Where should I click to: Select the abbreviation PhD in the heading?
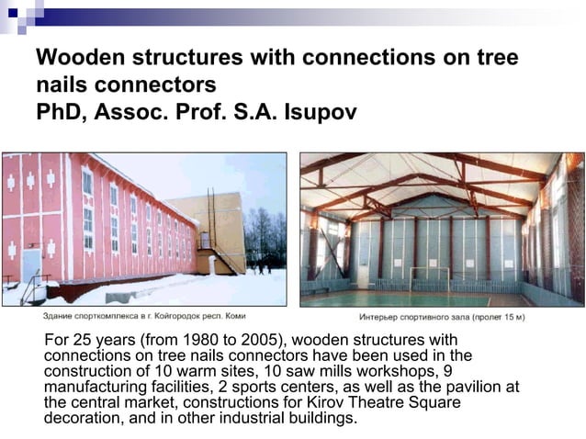tap(59, 112)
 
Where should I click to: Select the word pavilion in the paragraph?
tap(464, 387)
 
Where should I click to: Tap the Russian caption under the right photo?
tap(442, 317)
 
